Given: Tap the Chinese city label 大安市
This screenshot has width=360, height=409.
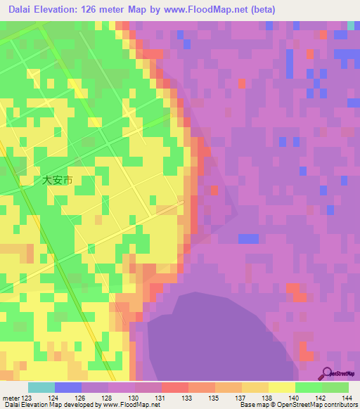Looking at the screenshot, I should pyautogui.click(x=57, y=180).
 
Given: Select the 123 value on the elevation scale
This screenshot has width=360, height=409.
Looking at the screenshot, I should pyautogui.click(x=23, y=398).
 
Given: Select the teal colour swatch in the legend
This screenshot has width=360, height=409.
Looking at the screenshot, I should pyautogui.click(x=41, y=387).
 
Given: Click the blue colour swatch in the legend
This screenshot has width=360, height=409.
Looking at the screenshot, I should pyautogui.click(x=68, y=387).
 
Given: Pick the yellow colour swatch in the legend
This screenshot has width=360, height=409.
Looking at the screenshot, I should pyautogui.click(x=282, y=387).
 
